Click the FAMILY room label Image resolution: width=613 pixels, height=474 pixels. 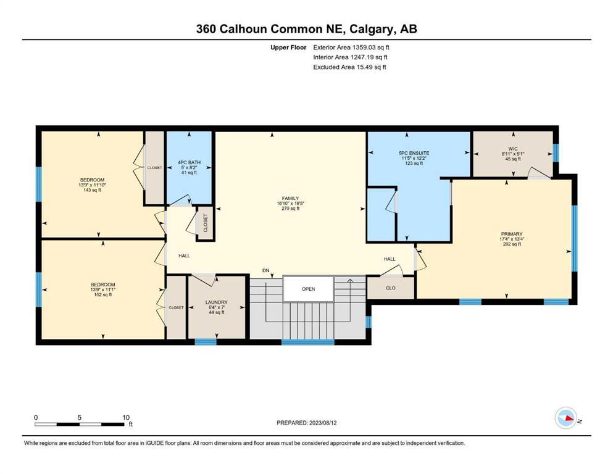[x=291, y=199]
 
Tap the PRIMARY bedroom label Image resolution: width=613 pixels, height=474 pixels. [x=511, y=234]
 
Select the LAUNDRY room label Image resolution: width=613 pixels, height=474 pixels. [x=217, y=302]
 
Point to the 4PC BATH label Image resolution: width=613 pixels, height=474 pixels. [x=190, y=162]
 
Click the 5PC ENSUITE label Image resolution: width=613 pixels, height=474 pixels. [x=414, y=153]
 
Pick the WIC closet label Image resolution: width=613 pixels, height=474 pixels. [x=513, y=149]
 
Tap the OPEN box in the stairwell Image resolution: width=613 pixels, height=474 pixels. [x=309, y=289]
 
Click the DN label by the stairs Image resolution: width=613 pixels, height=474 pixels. [x=266, y=270]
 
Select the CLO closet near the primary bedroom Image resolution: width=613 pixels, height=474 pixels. [x=391, y=288]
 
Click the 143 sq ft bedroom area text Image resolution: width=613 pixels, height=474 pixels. [x=92, y=190]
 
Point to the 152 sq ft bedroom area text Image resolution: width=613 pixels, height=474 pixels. [x=103, y=294]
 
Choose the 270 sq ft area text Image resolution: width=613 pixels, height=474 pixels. [x=291, y=209]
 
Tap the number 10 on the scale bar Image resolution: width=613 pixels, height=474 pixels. [x=126, y=417]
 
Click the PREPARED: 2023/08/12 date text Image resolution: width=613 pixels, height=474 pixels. [x=306, y=423]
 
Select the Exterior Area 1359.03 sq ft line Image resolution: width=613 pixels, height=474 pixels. [x=351, y=48]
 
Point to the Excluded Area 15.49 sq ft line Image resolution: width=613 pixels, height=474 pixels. [x=349, y=67]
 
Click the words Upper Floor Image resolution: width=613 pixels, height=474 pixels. [x=288, y=48]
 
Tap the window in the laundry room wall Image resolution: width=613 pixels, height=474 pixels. [x=206, y=342]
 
